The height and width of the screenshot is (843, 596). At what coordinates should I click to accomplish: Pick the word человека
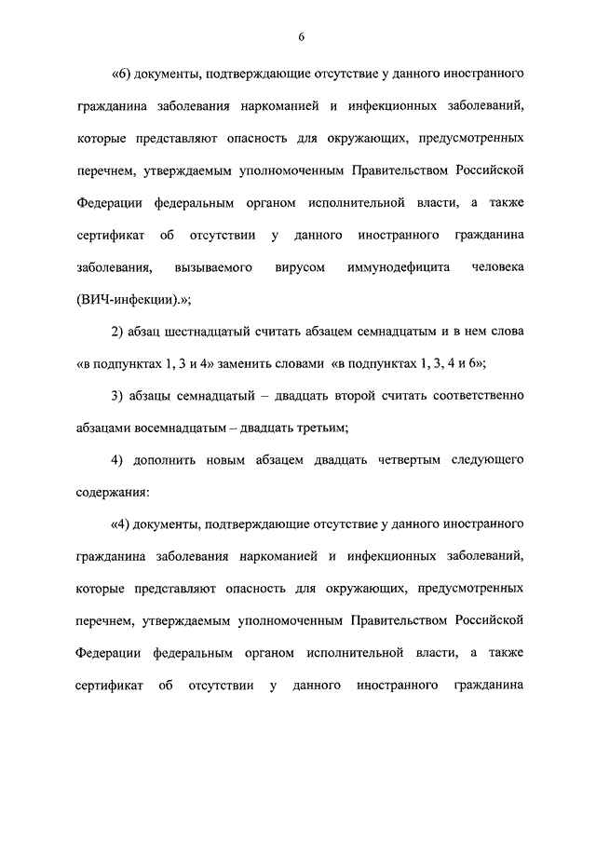pos(497,267)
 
